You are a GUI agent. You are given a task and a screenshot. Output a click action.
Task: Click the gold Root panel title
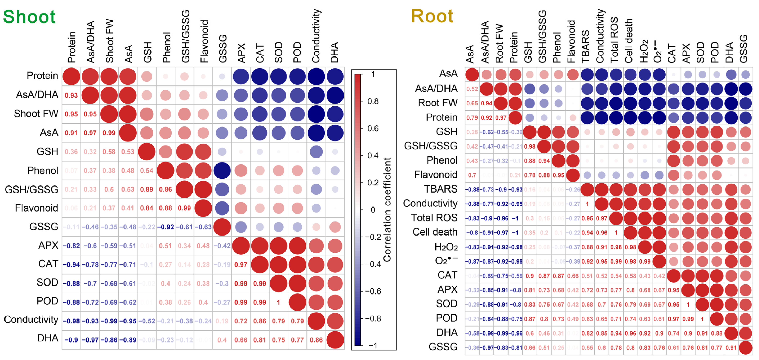(432, 16)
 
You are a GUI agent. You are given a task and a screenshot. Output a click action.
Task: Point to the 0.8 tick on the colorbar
(373, 101)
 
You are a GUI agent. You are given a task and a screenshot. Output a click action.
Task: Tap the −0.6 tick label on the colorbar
(373, 291)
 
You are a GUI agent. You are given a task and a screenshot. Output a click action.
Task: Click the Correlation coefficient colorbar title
(387, 209)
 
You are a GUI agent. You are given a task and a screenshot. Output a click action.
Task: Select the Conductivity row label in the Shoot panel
(31, 320)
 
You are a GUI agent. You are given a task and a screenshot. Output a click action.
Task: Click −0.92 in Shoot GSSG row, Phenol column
(165, 227)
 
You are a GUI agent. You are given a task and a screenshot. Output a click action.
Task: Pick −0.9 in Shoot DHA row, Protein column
(71, 340)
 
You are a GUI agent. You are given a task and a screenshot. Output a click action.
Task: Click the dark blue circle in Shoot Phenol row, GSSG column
(222, 171)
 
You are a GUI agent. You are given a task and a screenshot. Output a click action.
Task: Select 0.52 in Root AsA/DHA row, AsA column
(472, 89)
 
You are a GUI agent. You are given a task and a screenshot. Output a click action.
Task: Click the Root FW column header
(499, 44)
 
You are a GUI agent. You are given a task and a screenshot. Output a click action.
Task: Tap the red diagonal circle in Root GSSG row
(746, 348)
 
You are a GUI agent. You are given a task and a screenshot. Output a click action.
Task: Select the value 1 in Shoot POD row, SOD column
(278, 302)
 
